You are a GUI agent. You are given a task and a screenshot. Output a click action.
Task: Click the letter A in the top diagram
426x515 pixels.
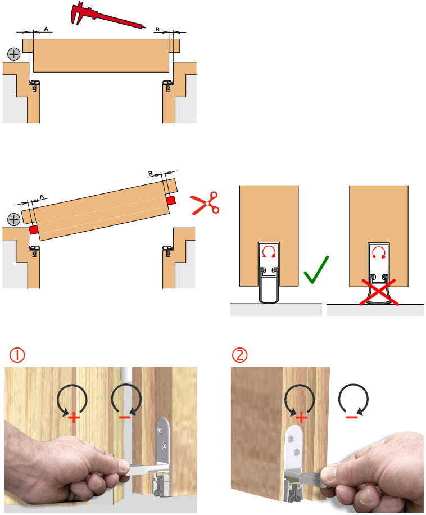46,29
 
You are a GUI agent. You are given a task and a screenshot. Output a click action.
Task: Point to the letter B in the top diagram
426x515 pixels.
157,30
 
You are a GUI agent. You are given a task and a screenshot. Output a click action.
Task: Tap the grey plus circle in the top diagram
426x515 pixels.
14,54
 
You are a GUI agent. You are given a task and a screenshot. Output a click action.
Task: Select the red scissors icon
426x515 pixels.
205,204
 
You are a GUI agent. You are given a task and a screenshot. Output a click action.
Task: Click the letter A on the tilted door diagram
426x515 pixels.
42,196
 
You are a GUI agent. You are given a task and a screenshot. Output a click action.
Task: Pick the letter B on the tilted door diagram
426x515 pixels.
150,173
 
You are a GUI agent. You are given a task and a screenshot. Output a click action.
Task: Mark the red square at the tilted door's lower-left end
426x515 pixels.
33,229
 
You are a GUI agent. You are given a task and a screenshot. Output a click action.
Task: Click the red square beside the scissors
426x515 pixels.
171,200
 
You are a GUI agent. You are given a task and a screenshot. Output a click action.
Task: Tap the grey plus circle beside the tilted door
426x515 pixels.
14,219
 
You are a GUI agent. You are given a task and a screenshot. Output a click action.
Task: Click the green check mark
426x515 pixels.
315,270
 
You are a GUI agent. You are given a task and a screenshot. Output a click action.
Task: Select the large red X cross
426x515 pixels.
379,292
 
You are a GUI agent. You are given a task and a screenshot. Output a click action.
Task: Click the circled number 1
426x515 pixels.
17,355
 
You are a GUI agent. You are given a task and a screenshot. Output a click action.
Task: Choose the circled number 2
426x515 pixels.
240,355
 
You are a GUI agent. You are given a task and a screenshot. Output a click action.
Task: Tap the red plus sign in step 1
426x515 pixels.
74,418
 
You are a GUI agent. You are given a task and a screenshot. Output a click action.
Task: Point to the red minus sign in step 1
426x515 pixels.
125,417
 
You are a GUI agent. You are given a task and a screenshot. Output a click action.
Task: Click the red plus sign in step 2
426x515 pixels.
301,418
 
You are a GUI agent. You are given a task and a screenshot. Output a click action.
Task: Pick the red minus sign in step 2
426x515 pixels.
352,417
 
